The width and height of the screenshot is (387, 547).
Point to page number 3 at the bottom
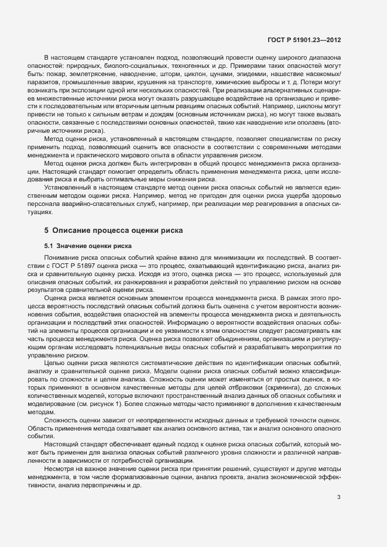pos(339,497)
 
